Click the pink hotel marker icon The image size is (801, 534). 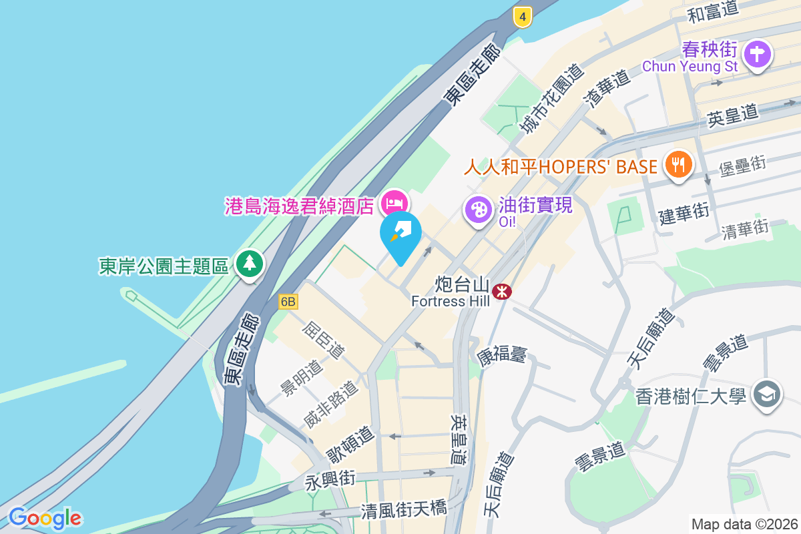394,202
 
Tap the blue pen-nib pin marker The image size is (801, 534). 400,234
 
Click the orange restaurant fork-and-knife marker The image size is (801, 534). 679,163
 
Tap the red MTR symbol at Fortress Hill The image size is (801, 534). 502,291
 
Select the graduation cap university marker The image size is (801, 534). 767,394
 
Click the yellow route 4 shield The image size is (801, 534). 523,17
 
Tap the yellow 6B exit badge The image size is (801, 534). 288,302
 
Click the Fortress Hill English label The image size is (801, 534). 450,301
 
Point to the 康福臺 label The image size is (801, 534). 502,354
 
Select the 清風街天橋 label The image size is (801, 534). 404,511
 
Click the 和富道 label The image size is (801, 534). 714,11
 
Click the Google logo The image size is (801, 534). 45,518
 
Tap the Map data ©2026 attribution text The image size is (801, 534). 744,524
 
